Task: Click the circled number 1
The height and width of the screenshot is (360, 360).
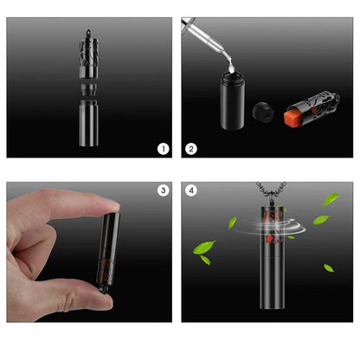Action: point(164,149)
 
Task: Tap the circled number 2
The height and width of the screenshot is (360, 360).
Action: point(191,149)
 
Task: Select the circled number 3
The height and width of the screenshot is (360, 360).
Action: point(164,190)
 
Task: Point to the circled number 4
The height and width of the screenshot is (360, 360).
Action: point(191,190)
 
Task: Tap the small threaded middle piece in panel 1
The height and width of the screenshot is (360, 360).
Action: point(88,90)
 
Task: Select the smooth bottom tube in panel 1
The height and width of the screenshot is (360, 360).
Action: point(88,123)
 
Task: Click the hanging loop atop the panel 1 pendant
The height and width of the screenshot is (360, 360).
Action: point(88,33)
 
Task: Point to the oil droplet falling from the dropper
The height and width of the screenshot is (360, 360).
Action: point(231,68)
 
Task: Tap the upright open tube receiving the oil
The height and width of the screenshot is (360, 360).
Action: point(233,100)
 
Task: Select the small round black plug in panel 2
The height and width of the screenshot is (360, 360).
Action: point(262,112)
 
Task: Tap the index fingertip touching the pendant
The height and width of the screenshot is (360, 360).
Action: point(112,207)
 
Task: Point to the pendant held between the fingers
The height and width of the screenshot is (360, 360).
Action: point(108,252)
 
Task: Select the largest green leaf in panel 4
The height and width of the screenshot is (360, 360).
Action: point(204,247)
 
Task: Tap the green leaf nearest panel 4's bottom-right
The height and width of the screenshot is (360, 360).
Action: point(329,268)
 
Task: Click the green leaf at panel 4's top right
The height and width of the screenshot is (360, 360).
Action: point(331,199)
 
